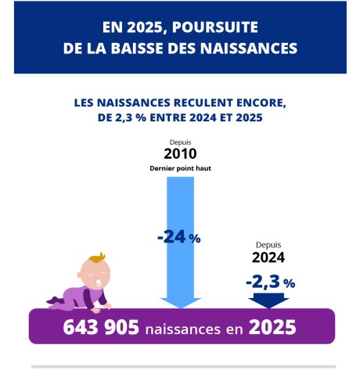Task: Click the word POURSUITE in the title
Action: click(x=215, y=27)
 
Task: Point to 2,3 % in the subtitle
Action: click(x=131, y=117)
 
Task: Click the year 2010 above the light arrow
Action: click(x=180, y=153)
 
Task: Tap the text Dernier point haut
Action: click(x=180, y=168)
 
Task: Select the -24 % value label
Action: click(x=179, y=237)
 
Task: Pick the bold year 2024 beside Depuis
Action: click(x=268, y=257)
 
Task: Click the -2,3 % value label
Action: click(x=271, y=282)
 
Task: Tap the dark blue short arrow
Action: click(x=268, y=300)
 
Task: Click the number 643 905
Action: click(x=101, y=327)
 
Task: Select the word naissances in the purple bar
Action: click(x=183, y=329)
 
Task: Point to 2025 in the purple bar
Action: click(x=272, y=327)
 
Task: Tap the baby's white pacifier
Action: click(x=99, y=284)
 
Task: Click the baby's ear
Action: click(x=79, y=275)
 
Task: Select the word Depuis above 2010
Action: click(x=180, y=142)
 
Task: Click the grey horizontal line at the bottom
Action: click(x=183, y=366)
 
